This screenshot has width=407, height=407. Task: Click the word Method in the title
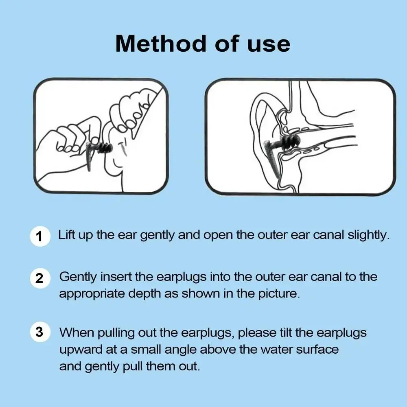coord(161,44)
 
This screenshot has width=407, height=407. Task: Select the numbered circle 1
coord(40,236)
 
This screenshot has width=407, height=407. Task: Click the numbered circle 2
coord(40,278)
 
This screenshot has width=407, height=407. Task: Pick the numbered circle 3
coord(40,332)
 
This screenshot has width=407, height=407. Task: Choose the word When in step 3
coord(77,332)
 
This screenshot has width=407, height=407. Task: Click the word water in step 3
coord(276,349)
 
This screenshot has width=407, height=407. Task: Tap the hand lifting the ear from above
coord(131,112)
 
